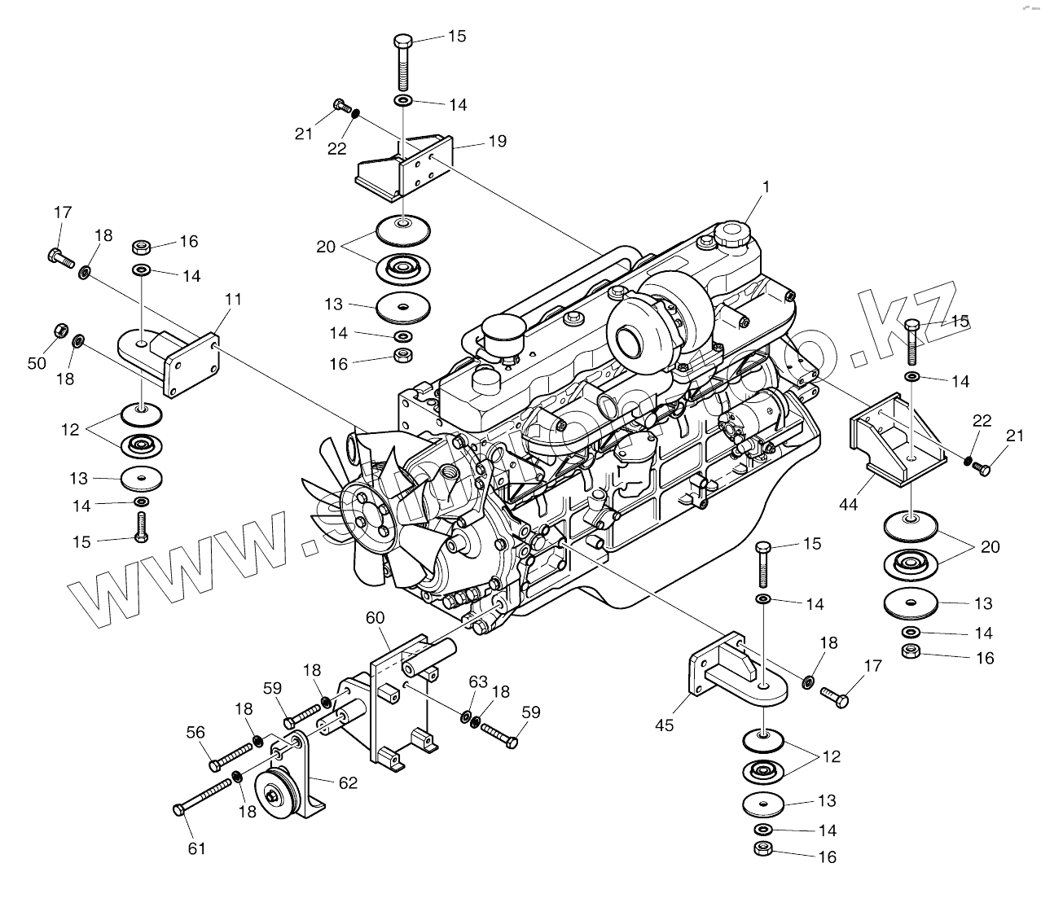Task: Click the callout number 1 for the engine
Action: point(765,186)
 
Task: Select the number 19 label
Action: point(497,142)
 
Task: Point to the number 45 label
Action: point(665,724)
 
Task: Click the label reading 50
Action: point(37,363)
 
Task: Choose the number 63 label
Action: point(478,681)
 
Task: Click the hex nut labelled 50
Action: point(59,331)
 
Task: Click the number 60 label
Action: point(375,618)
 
